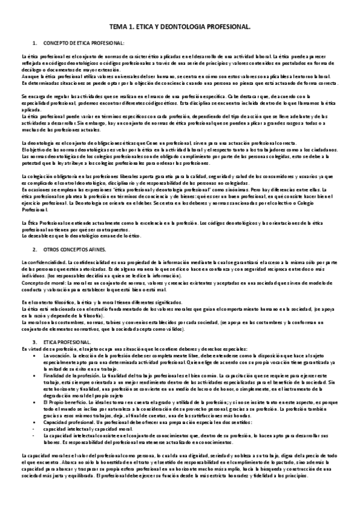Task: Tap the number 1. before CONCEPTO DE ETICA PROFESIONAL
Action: pyautogui.click(x=35, y=44)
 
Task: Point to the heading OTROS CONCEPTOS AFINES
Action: pyautogui.click(x=76, y=248)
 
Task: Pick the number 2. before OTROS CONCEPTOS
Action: pyautogui.click(x=35, y=248)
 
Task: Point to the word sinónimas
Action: pyautogui.click(x=207, y=188)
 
